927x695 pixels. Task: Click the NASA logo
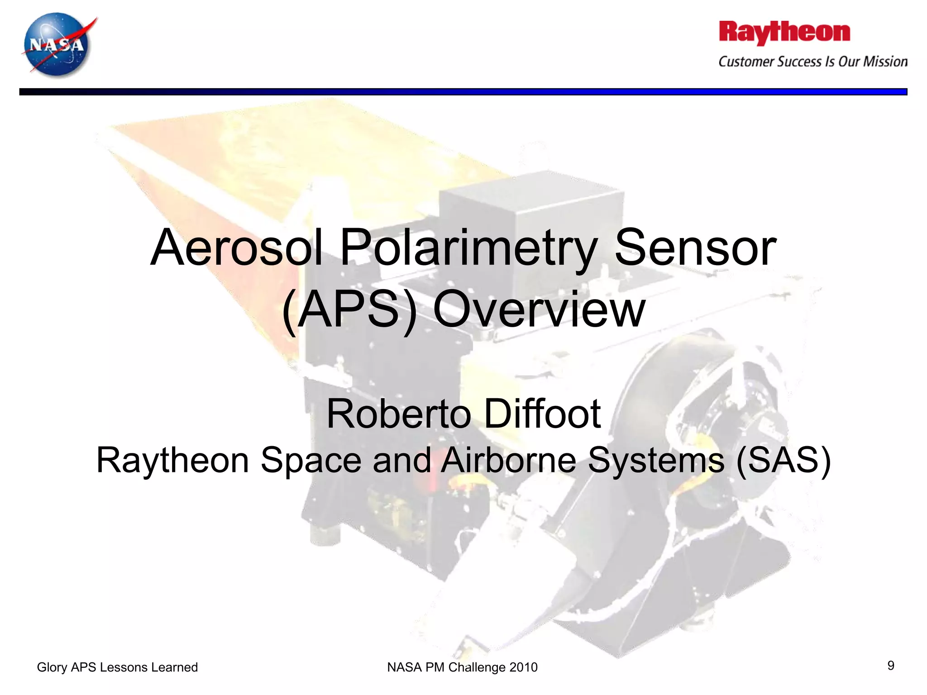coord(58,45)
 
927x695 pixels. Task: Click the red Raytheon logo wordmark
coord(784,33)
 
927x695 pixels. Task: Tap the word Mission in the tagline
coord(885,62)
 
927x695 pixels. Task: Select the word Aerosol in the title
coord(236,248)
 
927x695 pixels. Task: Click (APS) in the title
coord(349,310)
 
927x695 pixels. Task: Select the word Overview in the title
coord(539,310)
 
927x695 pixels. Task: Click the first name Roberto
coord(398,414)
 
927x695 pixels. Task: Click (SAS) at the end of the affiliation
coord(783,460)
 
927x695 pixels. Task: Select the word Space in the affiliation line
coord(311,460)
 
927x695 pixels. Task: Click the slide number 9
coord(890,666)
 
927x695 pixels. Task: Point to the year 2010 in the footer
coord(523,667)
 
